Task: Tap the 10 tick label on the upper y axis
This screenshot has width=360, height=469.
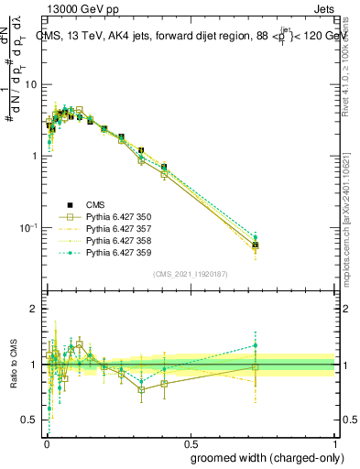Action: (31, 84)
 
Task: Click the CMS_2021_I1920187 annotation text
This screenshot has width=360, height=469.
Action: (190, 274)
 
